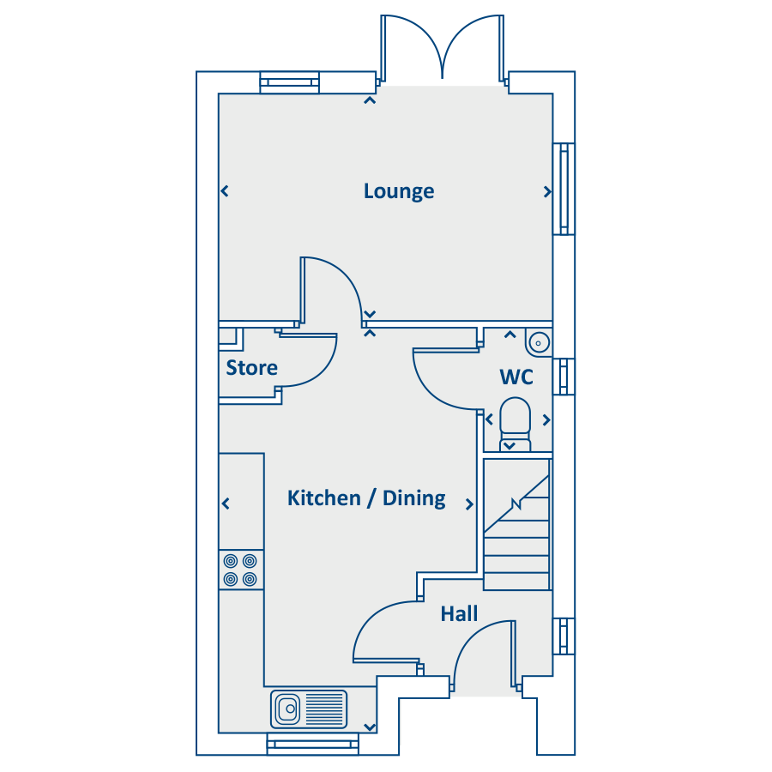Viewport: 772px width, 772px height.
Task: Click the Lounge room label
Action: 399,191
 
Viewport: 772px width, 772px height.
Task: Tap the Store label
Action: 251,368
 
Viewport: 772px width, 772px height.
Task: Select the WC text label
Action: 516,377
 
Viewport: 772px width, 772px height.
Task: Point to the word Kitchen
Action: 324,498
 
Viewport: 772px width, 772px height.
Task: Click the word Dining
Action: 414,498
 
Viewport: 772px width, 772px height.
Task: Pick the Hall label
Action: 459,614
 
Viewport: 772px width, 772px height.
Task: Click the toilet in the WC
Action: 516,425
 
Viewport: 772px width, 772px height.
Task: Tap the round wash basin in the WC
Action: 538,342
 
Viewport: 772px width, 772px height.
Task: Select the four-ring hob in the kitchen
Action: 241,570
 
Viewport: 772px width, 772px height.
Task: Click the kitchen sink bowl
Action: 287,709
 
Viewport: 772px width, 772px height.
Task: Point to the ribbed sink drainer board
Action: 324,709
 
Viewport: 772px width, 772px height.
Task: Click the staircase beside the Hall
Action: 516,524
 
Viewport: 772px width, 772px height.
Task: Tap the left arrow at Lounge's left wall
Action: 225,190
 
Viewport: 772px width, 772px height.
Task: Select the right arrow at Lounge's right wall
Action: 547,191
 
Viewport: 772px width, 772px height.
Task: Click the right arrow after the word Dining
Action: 469,504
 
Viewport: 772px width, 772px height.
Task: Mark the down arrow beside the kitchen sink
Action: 369,727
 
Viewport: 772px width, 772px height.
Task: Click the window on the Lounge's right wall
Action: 564,189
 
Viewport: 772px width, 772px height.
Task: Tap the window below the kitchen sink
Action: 312,744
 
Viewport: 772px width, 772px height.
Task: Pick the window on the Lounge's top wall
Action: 290,82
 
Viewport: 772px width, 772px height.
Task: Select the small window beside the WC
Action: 564,377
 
